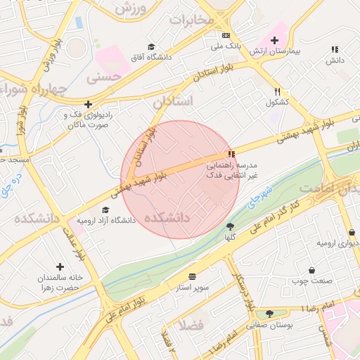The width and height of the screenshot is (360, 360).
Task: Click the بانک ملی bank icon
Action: point(226,34)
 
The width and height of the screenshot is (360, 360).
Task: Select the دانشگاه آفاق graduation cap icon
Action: point(150,46)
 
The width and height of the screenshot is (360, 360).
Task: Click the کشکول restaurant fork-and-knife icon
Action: point(278,91)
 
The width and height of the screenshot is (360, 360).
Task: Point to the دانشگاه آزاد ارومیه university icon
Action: point(105,210)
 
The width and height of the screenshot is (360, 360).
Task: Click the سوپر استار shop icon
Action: point(192,276)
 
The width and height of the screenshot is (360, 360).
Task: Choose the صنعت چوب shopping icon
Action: point(311,270)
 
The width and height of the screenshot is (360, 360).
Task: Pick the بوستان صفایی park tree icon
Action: point(269,314)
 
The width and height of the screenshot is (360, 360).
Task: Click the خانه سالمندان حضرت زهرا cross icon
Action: point(60,267)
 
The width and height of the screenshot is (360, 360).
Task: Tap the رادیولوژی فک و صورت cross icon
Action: point(88,104)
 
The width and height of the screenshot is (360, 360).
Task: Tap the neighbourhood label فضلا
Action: point(191,325)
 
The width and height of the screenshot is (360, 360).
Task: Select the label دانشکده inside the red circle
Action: point(167,219)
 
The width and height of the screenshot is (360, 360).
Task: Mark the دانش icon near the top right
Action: point(335,49)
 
